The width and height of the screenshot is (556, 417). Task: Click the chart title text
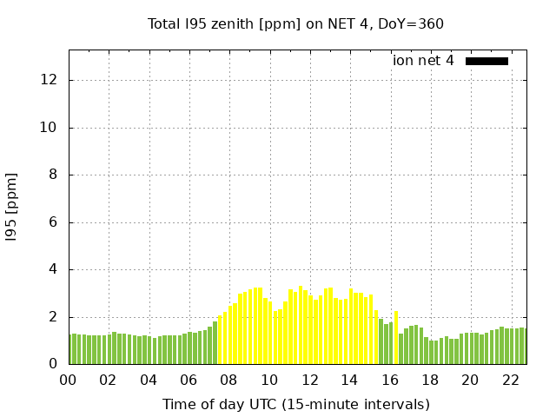point(295,23)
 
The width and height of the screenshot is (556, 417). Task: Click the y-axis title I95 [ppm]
point(12,207)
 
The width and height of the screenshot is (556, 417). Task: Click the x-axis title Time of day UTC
point(295,404)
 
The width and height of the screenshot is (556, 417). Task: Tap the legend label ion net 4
point(423,61)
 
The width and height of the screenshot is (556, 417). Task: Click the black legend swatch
point(486,61)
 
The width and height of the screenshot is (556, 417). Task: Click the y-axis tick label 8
point(54,175)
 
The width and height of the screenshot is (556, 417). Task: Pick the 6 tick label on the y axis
point(54,222)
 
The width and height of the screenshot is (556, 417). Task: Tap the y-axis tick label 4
point(54,269)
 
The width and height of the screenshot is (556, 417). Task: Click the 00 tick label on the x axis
point(68,381)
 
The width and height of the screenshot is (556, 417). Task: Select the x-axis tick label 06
point(189,381)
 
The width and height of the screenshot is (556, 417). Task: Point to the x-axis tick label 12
point(309,381)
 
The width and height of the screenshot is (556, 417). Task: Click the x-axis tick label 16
point(389,381)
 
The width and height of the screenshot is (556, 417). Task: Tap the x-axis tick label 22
point(510,381)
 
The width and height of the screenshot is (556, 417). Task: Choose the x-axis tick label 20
point(470,381)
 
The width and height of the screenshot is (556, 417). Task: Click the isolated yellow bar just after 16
point(396,338)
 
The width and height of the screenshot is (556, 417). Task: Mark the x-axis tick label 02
point(108,381)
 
